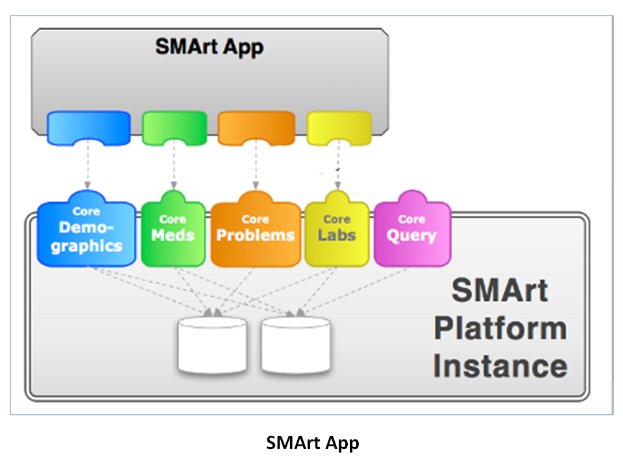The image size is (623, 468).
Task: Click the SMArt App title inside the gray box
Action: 210,47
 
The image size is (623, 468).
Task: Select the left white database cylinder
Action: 212,345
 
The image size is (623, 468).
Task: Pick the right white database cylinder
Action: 296,345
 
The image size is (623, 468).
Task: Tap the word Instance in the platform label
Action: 500,366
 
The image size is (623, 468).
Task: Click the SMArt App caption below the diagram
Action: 312,443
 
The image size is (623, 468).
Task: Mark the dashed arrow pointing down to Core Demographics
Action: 88,164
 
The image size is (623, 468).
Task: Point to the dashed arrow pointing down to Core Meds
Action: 174,164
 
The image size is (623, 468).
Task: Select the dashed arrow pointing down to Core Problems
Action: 256,164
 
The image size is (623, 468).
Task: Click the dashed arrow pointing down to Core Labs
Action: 337,164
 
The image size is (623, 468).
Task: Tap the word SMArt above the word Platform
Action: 500,291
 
